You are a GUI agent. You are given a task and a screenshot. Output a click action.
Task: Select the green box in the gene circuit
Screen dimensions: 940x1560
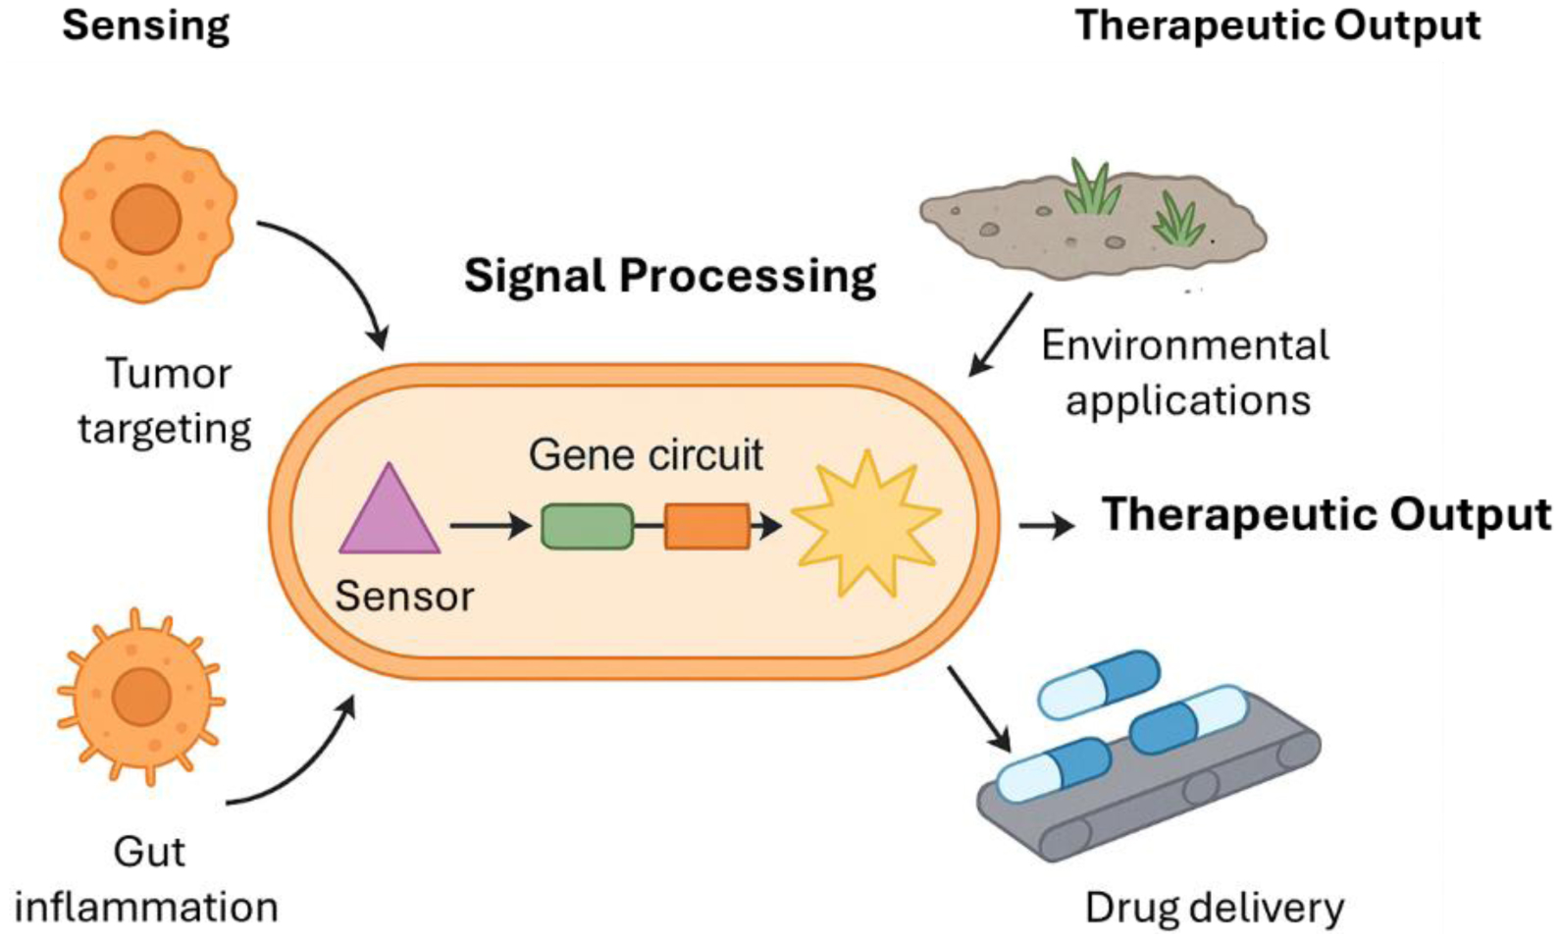587,526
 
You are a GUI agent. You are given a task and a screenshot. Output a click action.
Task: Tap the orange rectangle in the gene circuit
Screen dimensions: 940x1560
706,526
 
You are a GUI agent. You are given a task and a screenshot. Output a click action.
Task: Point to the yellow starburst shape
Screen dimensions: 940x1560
866,523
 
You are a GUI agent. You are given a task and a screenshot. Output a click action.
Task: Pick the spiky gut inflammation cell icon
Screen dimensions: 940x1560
141,698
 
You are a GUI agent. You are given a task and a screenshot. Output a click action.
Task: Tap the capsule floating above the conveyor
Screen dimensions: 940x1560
1099,683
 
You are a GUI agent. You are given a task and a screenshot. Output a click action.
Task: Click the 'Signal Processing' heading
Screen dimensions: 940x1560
669,276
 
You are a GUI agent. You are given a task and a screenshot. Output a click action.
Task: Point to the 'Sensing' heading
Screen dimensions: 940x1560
145,26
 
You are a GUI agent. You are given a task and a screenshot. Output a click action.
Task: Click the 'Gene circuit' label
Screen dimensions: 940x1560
646,454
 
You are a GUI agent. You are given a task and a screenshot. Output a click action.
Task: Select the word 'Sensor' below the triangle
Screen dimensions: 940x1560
404,596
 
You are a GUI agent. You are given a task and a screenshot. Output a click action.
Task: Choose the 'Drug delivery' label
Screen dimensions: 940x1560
1214,908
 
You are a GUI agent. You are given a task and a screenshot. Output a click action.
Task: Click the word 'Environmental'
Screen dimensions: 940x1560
1185,345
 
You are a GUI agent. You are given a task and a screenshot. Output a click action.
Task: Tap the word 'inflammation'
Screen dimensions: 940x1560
146,907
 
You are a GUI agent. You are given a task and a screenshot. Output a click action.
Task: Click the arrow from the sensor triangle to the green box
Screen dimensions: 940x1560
490,527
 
